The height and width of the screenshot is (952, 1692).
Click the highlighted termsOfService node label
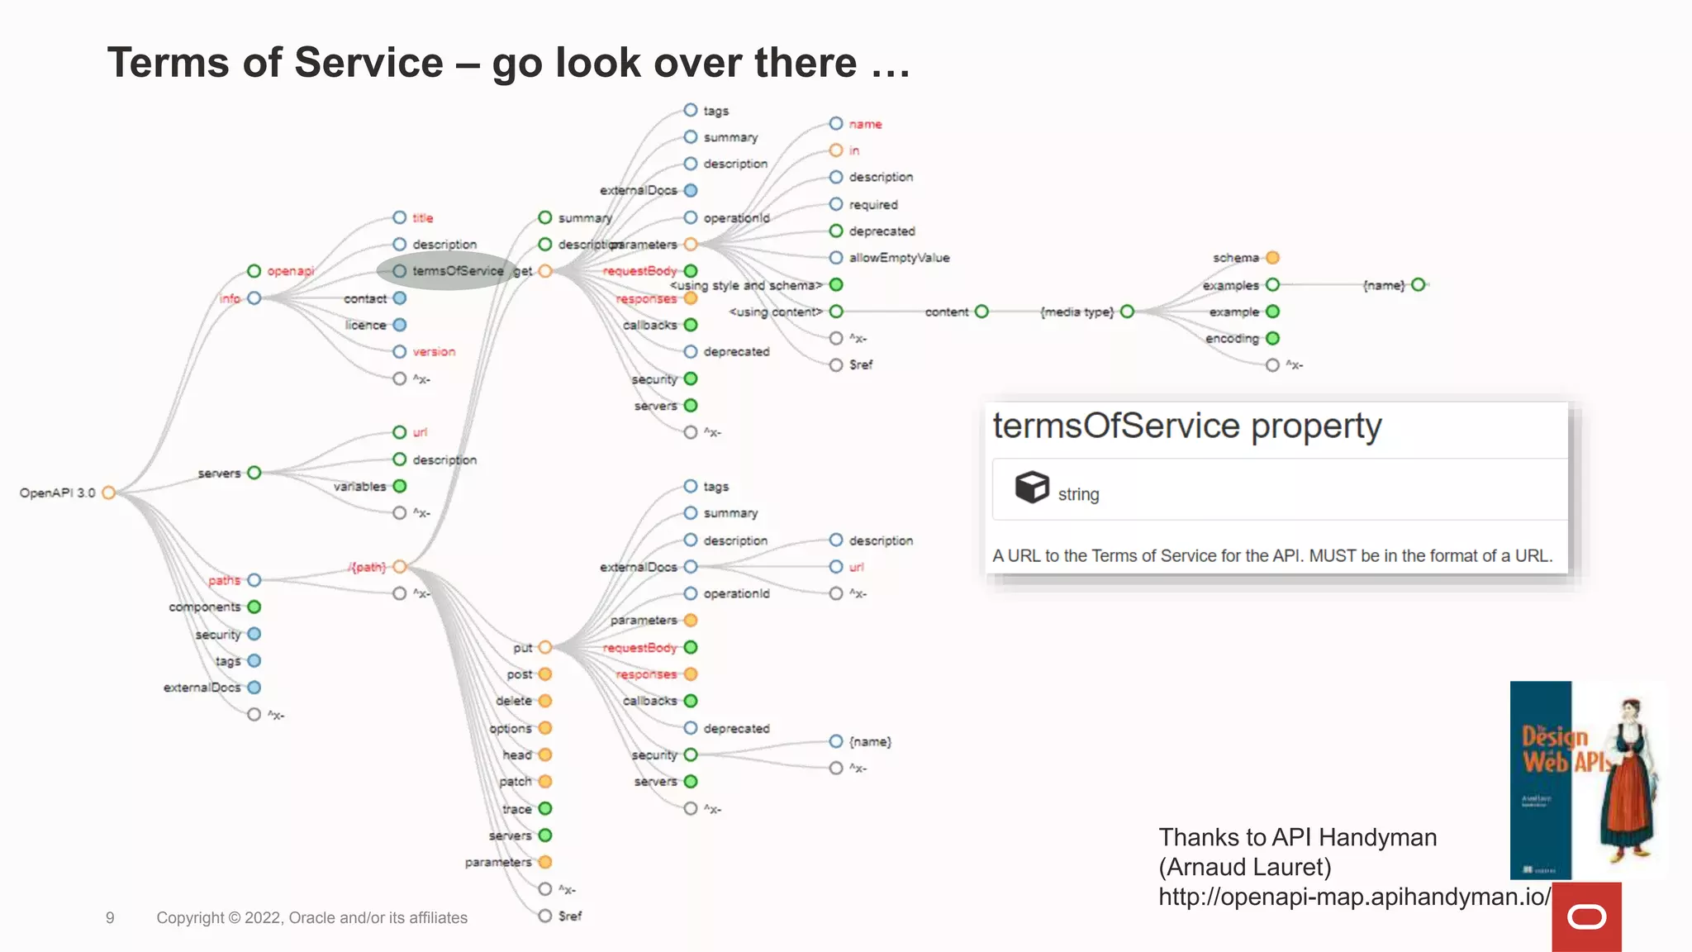point(458,271)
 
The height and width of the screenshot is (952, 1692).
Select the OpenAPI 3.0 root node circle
point(108,493)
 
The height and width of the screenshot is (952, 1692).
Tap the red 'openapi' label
point(290,271)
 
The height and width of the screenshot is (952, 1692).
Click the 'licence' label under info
point(365,326)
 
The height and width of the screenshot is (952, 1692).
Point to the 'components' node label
point(204,607)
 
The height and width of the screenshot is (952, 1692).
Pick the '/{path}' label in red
point(367,567)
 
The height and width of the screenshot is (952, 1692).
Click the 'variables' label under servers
point(359,487)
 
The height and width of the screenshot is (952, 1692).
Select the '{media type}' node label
point(1077,312)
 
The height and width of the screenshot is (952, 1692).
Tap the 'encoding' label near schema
point(1231,339)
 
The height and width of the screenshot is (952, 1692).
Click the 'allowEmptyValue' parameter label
point(899,258)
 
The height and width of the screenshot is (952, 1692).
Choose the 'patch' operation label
point(515,782)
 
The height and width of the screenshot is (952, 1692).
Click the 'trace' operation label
point(516,809)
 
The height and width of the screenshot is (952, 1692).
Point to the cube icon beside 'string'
point(1032,487)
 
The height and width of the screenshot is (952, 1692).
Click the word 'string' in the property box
point(1078,494)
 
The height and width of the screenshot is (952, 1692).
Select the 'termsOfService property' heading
point(1186,426)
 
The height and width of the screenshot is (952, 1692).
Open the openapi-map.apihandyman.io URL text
point(1353,897)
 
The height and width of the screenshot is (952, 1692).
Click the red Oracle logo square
point(1586,916)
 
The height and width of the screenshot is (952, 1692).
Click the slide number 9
point(110,918)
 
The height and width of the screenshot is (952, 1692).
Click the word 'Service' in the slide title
point(368,64)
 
